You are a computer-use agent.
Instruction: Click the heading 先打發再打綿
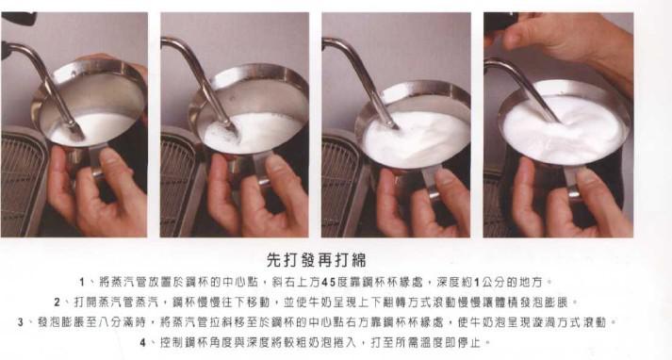317,260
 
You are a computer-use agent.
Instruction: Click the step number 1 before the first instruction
82,282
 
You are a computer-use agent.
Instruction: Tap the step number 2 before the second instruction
57,303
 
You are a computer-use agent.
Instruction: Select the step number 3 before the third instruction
21,322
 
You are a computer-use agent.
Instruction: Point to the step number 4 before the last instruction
142,342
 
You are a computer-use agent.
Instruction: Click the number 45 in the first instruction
328,282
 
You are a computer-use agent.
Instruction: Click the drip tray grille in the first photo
22,184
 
